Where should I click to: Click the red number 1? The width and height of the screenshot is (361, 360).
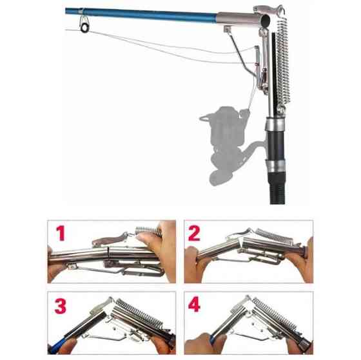click(x=61, y=233)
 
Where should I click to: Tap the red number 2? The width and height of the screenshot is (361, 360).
click(x=194, y=233)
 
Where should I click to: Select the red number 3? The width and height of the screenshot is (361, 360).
click(x=61, y=306)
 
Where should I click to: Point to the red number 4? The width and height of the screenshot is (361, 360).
click(x=194, y=304)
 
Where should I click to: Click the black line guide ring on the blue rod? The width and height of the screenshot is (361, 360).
click(x=84, y=28)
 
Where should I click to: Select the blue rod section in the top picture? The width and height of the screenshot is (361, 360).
click(x=141, y=15)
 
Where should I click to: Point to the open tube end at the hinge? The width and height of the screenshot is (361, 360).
click(x=266, y=21)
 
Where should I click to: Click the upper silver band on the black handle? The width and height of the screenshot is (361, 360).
click(x=275, y=125)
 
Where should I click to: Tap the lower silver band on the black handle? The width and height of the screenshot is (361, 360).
click(x=276, y=166)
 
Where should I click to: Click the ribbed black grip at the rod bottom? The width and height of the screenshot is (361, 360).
click(x=278, y=188)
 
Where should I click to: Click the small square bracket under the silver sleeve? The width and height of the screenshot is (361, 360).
click(x=227, y=29)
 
